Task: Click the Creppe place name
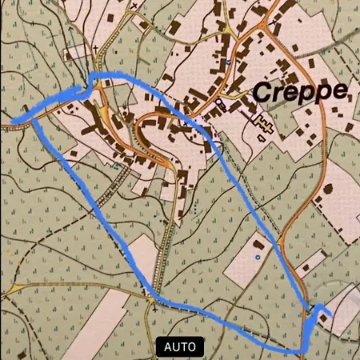click(x=300, y=91)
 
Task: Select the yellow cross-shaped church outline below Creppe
click(x=265, y=124)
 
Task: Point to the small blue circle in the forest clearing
click(x=257, y=258)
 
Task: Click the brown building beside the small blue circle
click(x=257, y=242)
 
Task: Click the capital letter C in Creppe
click(x=262, y=91)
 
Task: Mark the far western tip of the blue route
click(x=13, y=122)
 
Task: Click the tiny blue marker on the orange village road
click(x=228, y=62)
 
